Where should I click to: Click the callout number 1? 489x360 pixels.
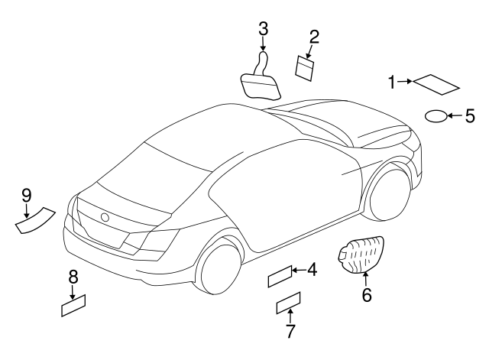tap(392, 83)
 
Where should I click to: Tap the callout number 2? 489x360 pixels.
tap(314, 37)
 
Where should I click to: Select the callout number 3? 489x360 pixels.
tap(263, 28)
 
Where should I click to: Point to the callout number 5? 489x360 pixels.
tap(470, 116)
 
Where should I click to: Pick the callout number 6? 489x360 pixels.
tap(367, 294)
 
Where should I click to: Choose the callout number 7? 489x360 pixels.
tap(290, 331)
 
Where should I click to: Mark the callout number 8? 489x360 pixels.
tap(73, 277)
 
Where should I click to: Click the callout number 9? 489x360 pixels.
tap(27, 196)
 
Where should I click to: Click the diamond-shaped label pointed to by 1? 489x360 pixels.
tap(436, 84)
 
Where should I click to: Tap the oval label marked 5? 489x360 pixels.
tap(436, 116)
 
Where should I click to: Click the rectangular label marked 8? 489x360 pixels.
tap(73, 306)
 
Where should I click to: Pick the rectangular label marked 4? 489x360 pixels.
tap(280, 277)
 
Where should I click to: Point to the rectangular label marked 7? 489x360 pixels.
tap(289, 303)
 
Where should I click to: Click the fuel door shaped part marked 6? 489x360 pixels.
tap(361, 255)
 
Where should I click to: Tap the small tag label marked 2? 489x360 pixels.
tap(305, 69)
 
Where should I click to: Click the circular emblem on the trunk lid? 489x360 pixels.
tap(105, 217)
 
